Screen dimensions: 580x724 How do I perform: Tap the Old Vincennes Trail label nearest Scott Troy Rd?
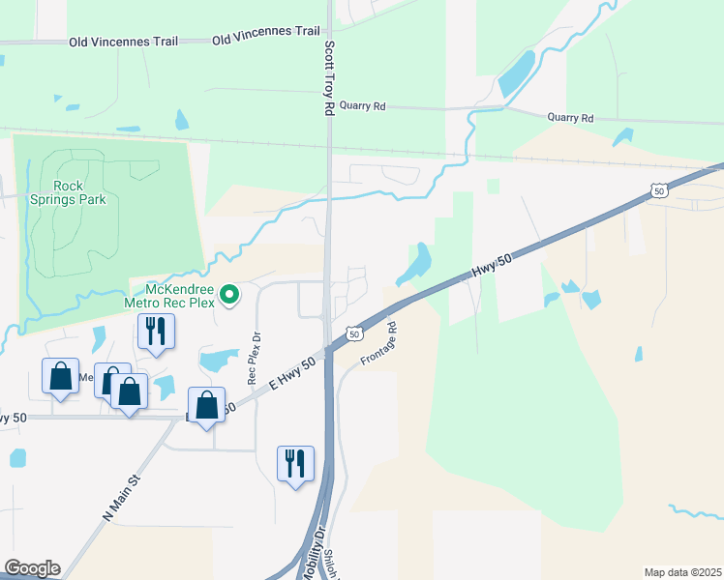265,32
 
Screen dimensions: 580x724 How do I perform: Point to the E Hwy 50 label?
292,373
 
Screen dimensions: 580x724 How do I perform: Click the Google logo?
32,568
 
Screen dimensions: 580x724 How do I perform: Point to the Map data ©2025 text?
682,572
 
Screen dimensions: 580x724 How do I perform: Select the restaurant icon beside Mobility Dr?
295,463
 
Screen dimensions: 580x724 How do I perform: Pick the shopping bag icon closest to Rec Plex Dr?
206,406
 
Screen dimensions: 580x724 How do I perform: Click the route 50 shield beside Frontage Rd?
355,333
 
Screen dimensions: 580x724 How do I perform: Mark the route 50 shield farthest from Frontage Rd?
658,191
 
